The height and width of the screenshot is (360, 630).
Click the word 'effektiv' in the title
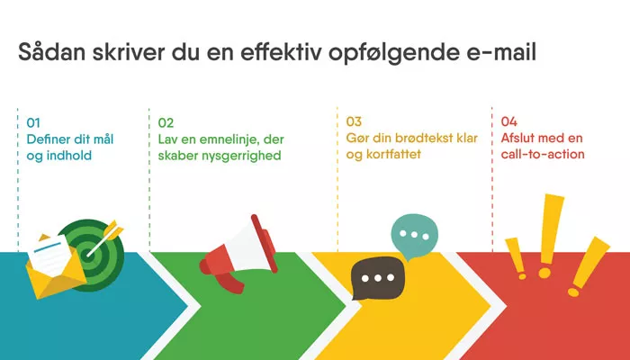(x=282, y=52)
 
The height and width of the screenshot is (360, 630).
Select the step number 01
(x=33, y=122)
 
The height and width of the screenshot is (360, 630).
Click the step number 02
(x=166, y=122)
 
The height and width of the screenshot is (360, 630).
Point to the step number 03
(x=354, y=121)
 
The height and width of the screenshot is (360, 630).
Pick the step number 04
(x=509, y=121)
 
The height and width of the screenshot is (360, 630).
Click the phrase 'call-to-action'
(x=543, y=154)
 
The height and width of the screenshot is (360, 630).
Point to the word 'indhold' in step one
(x=69, y=156)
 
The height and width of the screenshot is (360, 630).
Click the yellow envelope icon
(x=56, y=269)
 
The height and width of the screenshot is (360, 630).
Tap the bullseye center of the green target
(x=87, y=255)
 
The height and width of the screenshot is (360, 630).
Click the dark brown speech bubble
(x=377, y=277)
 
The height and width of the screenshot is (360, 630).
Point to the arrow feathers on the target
(x=113, y=229)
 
